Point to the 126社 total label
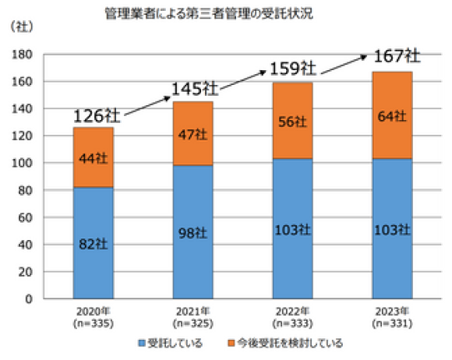(x=97, y=115)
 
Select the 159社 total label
(x=292, y=69)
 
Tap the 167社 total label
(x=397, y=57)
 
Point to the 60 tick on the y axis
(x=25, y=217)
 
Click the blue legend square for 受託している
(x=143, y=343)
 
